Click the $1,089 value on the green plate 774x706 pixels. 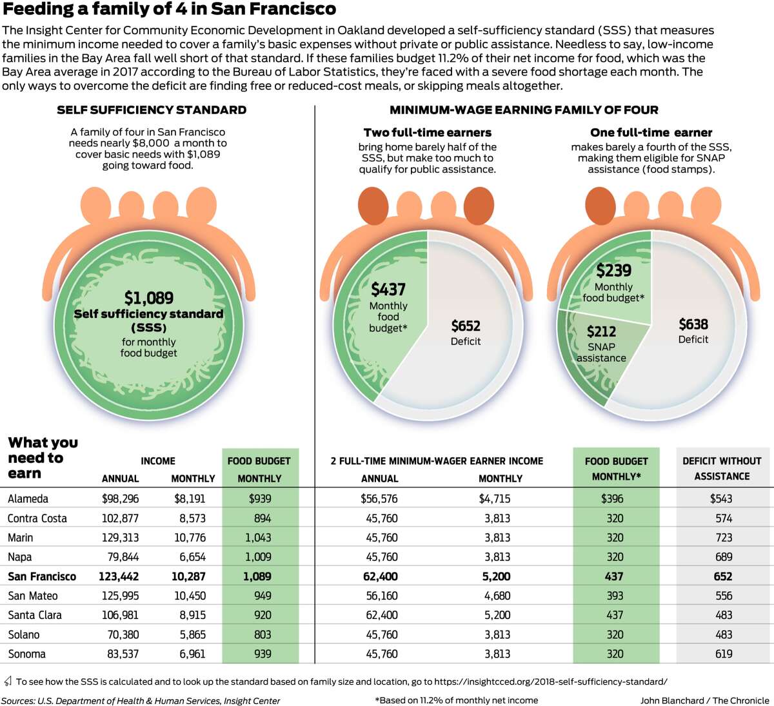coord(149,298)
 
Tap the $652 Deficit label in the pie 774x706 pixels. coord(466,333)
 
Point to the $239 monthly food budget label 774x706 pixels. coord(613,282)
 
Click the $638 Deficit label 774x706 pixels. coord(693,331)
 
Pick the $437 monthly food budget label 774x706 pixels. coord(388,307)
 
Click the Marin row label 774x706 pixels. coord(21,538)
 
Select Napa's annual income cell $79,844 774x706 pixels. coord(123,556)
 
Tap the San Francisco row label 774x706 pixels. coord(42,576)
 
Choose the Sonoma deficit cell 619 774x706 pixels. coord(724,654)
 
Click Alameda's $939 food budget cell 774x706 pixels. coord(260,498)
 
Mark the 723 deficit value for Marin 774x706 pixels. coord(724,538)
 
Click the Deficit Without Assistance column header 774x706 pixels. coord(722,468)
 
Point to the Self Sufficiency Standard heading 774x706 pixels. coord(152,110)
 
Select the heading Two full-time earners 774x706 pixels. coord(428,132)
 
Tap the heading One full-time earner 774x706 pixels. coord(651,132)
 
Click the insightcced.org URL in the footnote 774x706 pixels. coord(551,681)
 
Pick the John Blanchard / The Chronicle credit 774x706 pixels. coord(705,701)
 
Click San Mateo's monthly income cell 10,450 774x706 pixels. coord(190,596)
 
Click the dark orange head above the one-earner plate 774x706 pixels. coord(600,206)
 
